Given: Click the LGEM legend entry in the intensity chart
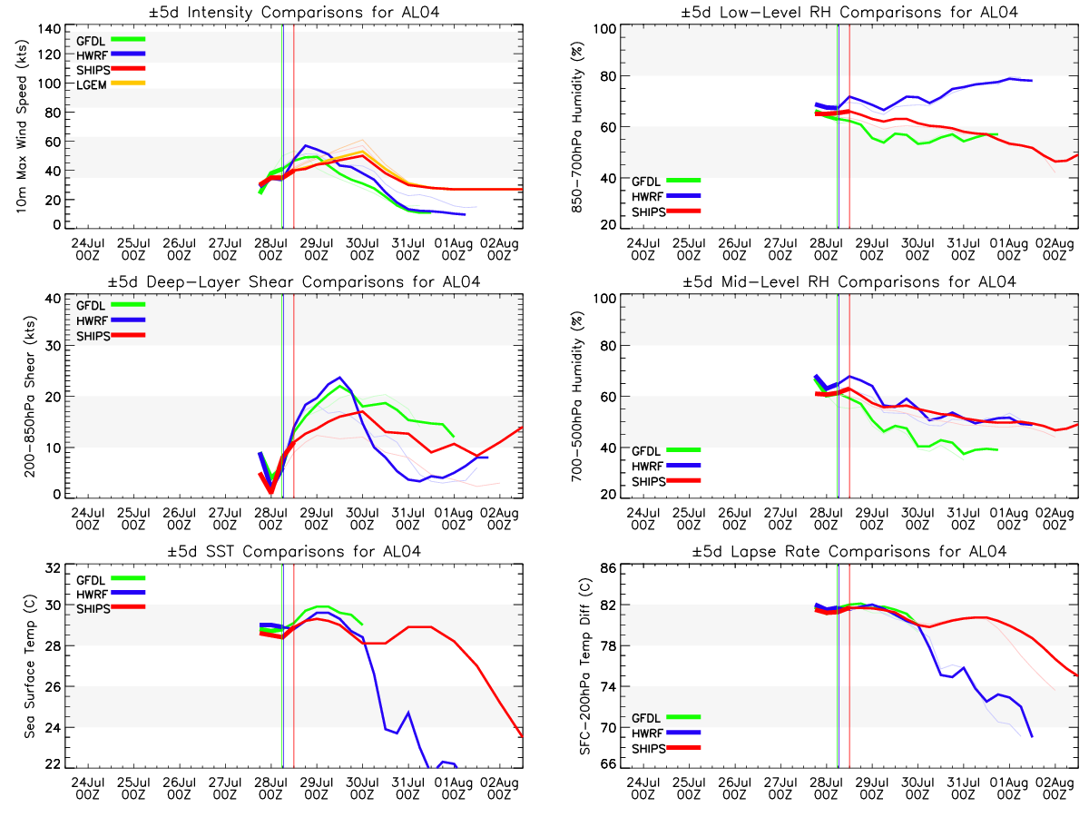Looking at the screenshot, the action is pyautogui.click(x=111, y=84).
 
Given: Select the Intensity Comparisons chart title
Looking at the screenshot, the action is pyautogui.click(x=294, y=12).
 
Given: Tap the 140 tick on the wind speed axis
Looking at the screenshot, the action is pyautogui.click(x=49, y=29).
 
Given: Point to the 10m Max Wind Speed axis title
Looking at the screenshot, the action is pyautogui.click(x=22, y=126).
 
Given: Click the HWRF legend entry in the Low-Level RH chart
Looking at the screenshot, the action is pyautogui.click(x=666, y=196).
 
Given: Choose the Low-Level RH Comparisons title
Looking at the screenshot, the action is pyautogui.click(x=849, y=12).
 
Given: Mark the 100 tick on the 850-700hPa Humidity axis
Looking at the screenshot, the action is pyautogui.click(x=604, y=29).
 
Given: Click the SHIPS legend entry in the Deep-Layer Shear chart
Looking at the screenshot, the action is pyautogui.click(x=111, y=336).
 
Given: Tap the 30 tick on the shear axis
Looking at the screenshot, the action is pyautogui.click(x=53, y=346).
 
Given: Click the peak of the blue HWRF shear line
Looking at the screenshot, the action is pyautogui.click(x=339, y=377).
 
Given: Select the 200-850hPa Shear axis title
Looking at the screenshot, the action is pyautogui.click(x=30, y=397).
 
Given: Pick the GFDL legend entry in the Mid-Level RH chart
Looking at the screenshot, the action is pyautogui.click(x=666, y=451).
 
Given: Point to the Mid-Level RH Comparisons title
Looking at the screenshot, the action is pyautogui.click(x=849, y=281).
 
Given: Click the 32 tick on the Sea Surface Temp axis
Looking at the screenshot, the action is pyautogui.click(x=53, y=568).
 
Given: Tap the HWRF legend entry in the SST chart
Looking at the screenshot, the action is pyautogui.click(x=111, y=594).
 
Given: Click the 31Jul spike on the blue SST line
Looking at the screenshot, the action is pyautogui.click(x=408, y=713).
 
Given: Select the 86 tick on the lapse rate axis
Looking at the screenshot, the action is pyautogui.click(x=608, y=568).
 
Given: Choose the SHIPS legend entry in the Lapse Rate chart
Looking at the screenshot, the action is pyautogui.click(x=666, y=748).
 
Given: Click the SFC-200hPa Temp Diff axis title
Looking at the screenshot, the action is pyautogui.click(x=585, y=665).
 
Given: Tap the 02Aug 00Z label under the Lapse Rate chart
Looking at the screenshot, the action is pyautogui.click(x=1055, y=789).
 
